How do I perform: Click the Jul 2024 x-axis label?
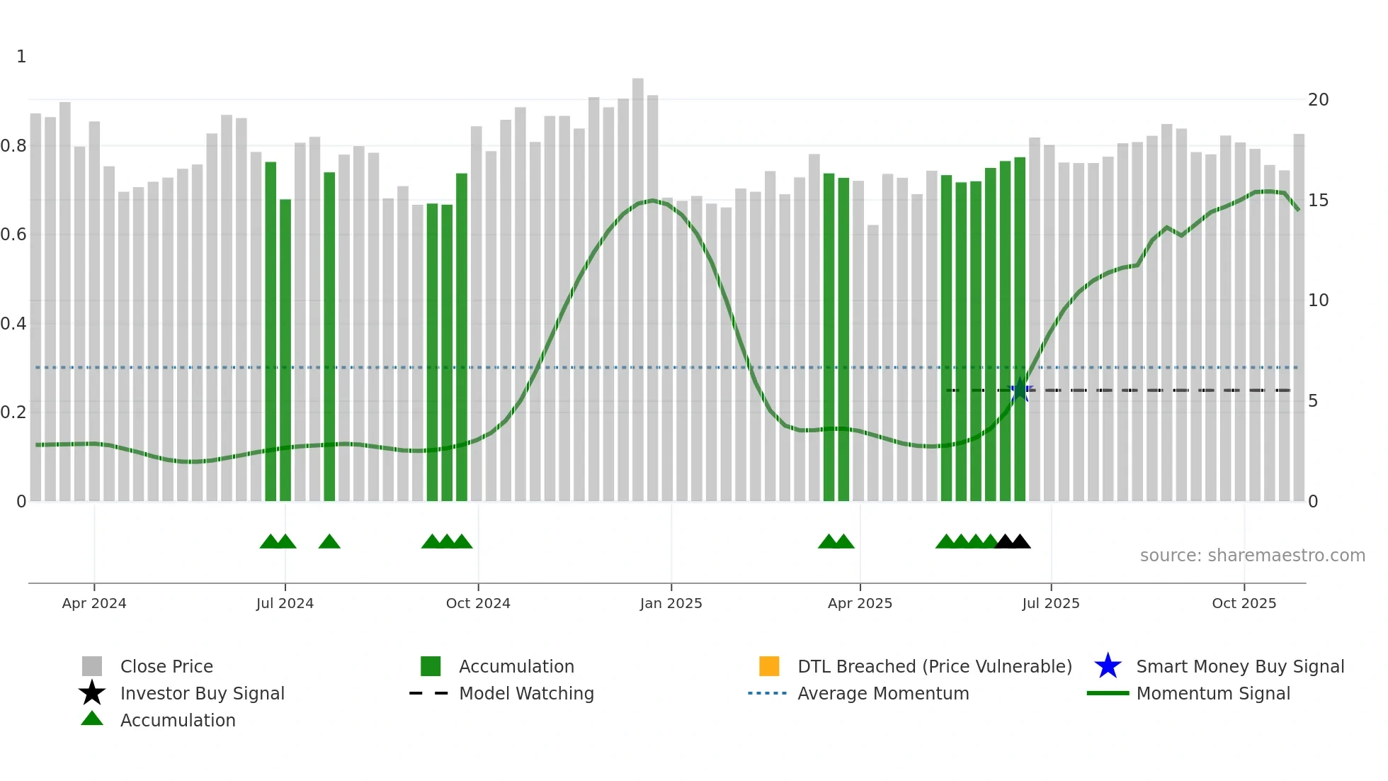point(285,603)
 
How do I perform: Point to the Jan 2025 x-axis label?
point(671,603)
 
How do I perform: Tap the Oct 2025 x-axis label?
point(1244,603)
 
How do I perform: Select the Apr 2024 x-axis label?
point(94,603)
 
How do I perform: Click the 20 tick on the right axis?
point(1318,100)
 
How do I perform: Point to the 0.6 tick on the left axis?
point(13,235)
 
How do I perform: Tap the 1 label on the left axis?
point(21,57)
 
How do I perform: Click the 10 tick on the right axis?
point(1318,300)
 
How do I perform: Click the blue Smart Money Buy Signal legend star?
point(1108,666)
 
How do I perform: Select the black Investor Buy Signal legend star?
point(92,693)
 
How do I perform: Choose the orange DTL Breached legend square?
point(769,666)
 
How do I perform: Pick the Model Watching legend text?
point(526,693)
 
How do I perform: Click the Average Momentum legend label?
point(883,693)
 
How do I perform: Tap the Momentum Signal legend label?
point(1213,693)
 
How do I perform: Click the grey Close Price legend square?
point(92,666)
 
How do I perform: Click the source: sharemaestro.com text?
point(1252,556)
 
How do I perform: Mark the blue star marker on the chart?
point(1020,390)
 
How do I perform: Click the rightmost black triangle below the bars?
point(1020,542)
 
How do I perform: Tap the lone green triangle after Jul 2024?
point(329,542)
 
